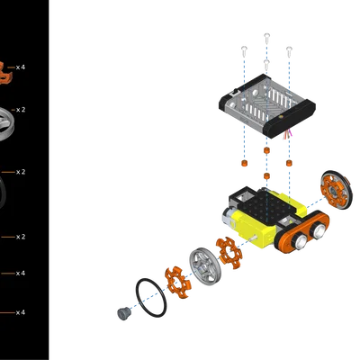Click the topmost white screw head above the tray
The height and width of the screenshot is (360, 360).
(267, 37)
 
